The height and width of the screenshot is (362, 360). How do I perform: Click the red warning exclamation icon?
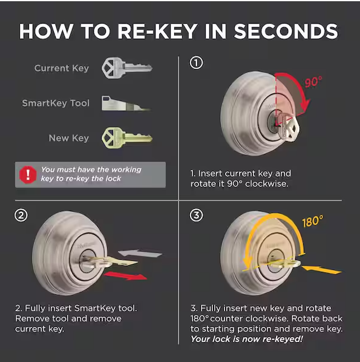point(28,174)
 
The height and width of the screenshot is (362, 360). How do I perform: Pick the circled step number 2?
point(21,215)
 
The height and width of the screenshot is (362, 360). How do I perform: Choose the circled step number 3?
point(196,215)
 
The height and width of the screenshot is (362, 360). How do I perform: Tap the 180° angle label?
point(312,222)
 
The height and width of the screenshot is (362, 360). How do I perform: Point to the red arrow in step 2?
point(126,276)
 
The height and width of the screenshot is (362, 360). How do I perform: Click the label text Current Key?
point(62,68)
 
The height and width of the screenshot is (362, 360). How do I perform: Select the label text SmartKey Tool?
point(56,103)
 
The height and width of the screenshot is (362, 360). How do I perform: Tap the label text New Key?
point(68,138)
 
